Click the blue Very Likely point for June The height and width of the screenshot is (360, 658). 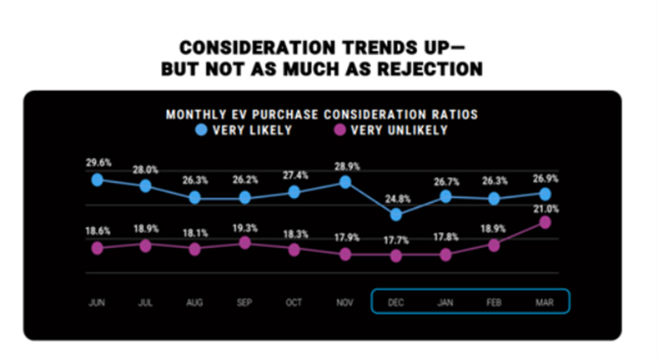pos(97,180)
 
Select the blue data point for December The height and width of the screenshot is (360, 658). pos(396,215)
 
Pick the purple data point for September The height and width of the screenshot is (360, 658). pos(244,242)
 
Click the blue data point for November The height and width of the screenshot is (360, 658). pos(346,182)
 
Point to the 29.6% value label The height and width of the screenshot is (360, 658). pos(98,163)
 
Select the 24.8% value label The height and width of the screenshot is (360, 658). pos(396,197)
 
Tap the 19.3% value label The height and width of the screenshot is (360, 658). pos(244,226)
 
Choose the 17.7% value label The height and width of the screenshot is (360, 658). pos(396,239)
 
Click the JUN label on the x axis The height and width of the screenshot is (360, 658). pos(97,302)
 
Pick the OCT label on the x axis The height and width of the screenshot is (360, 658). pos(294,302)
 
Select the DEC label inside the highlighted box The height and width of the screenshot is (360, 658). pos(396,302)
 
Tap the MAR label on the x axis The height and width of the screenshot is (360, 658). pos(544,302)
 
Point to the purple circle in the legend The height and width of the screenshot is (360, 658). pos(338,130)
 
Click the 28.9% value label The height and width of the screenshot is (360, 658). pos(346,165)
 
